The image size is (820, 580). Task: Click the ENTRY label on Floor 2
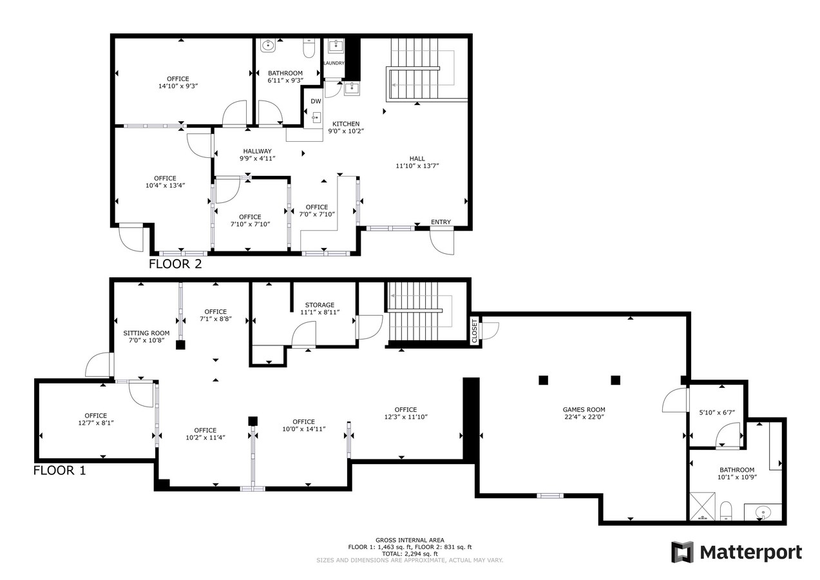441,222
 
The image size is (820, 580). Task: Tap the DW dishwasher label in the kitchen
316,101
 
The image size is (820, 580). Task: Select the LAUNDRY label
334,63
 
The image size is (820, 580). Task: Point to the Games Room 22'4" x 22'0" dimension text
584,417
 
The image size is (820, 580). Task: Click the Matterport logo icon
682,552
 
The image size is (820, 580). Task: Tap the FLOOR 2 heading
175,264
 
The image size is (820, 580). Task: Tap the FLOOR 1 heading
59,470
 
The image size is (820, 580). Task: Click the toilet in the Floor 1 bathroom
726,510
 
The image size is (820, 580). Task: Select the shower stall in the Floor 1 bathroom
703,506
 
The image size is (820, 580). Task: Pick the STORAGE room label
319,305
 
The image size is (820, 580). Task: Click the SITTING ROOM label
147,333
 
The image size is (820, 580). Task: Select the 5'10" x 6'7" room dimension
717,412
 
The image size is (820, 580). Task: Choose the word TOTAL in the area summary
391,554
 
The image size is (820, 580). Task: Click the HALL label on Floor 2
417,159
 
